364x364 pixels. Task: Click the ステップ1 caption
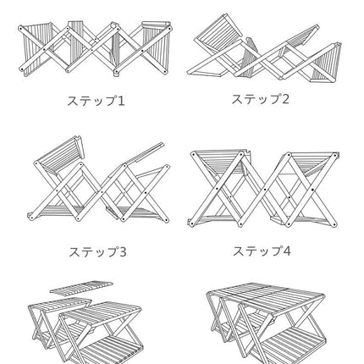(96, 101)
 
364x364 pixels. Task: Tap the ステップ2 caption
(261, 99)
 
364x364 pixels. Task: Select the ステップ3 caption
(97, 251)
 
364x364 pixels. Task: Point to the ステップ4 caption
(261, 251)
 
